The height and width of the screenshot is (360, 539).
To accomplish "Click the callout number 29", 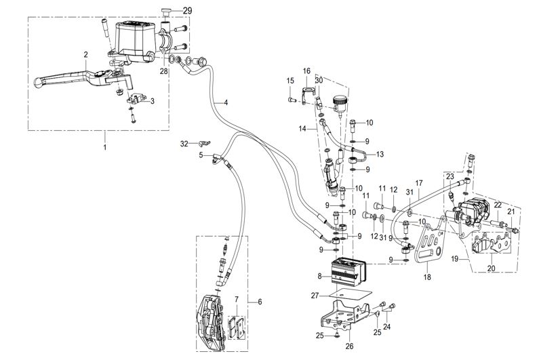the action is point(187,11).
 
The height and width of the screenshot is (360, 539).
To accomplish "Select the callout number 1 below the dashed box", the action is point(105,147).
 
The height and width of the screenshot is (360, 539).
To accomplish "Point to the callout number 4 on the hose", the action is point(226,102).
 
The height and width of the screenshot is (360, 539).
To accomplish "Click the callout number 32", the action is point(184,144).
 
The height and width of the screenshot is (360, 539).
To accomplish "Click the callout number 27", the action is point(315,296).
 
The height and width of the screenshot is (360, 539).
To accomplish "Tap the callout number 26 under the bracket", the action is point(349,346).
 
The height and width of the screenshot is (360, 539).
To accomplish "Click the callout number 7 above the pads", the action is point(237,300).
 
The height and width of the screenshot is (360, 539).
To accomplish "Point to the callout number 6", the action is point(260,302).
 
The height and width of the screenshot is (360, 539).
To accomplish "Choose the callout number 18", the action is point(427,277).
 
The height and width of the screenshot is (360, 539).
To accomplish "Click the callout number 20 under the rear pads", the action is point(492,268).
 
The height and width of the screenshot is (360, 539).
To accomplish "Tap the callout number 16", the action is point(306,71).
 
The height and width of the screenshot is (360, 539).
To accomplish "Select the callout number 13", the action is point(380,155).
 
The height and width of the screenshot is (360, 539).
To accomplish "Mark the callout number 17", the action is point(419,183).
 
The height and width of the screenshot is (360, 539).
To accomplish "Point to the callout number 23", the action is point(450,177).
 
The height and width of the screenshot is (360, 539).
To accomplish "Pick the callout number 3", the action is point(153,101).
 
